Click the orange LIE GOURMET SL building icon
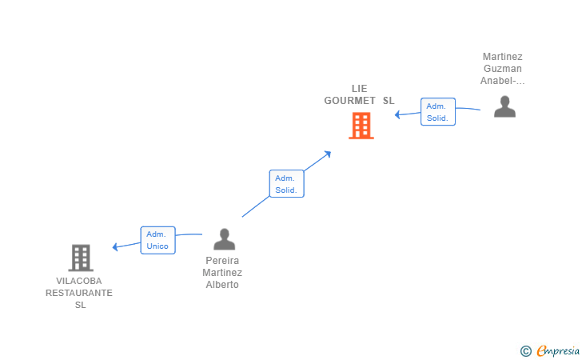[361, 126]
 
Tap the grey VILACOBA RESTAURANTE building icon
[80, 258]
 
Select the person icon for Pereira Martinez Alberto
[224, 239]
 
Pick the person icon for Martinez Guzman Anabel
[504, 106]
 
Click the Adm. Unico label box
[157, 240]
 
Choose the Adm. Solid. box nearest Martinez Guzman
[437, 112]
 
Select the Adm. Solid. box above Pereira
[286, 184]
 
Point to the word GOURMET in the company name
[350, 101]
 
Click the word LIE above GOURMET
[359, 89]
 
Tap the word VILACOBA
[79, 281]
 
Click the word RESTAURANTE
[79, 293]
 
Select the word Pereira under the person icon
[222, 261]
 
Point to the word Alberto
[222, 285]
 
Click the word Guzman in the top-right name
[502, 69]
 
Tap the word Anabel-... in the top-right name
[502, 81]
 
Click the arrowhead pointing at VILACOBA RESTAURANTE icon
[116, 246]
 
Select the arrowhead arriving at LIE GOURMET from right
[398, 115]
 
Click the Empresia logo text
[557, 350]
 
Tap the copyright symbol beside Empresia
[525, 350]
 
